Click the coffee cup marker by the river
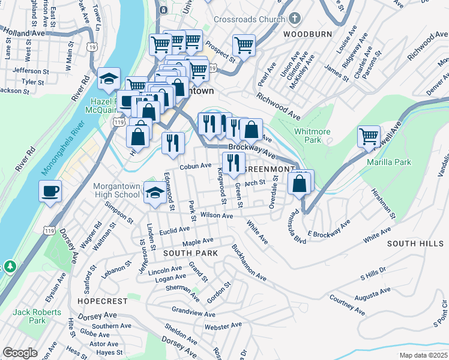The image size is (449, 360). click(50, 192)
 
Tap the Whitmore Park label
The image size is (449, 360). click(309, 135)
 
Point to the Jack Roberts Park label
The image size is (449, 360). click(37, 316)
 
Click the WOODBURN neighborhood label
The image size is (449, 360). click(308, 34)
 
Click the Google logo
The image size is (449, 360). click(20, 352)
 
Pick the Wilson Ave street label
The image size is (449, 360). click(216, 215)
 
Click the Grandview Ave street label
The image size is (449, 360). click(193, 313)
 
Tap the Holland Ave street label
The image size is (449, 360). click(24, 34)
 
